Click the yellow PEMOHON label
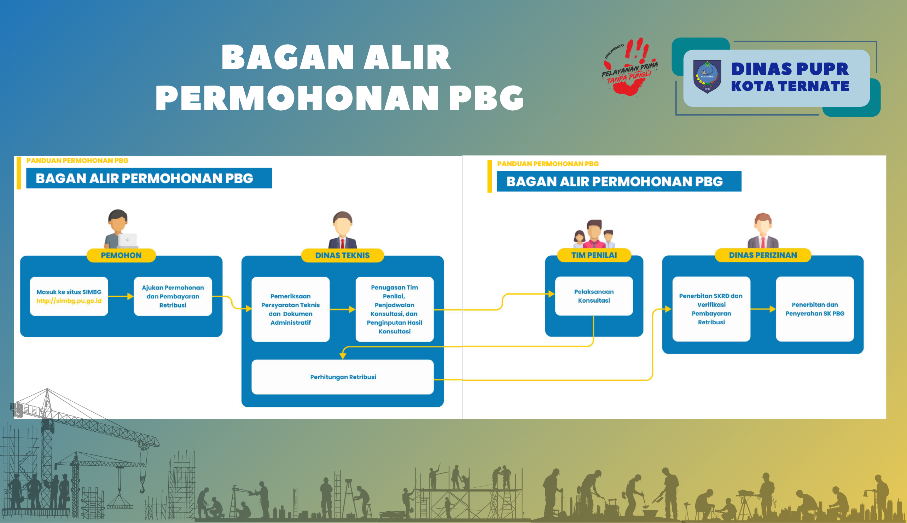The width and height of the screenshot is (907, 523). coord(121,255)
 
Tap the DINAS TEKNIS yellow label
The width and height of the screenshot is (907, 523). coord(342,255)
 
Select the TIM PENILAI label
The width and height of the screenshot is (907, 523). coord(594,255)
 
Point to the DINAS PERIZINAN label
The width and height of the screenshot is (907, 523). coord(763,255)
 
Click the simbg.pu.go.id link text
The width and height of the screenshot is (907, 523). coord(69,301)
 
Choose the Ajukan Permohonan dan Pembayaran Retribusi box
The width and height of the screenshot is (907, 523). coord(173,296)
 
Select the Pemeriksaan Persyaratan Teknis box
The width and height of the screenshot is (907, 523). coord(290,309)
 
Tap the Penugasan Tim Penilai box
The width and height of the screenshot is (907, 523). coord(394,309)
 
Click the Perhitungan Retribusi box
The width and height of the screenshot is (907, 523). coord(342,377)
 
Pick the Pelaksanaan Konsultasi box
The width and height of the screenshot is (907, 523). coord(594,296)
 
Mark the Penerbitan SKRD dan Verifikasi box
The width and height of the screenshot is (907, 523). coord(711,309)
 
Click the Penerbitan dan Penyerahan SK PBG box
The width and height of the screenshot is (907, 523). coord(815,309)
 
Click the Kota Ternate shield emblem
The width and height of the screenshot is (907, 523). coord(707,76)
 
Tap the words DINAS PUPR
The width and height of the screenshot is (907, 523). coord(790,69)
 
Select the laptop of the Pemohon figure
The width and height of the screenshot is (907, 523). coord(128,240)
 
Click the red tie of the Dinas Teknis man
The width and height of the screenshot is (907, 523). coord(342,243)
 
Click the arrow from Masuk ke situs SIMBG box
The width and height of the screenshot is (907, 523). coord(121,296)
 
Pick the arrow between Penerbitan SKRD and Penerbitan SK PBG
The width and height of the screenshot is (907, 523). coord(763,309)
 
